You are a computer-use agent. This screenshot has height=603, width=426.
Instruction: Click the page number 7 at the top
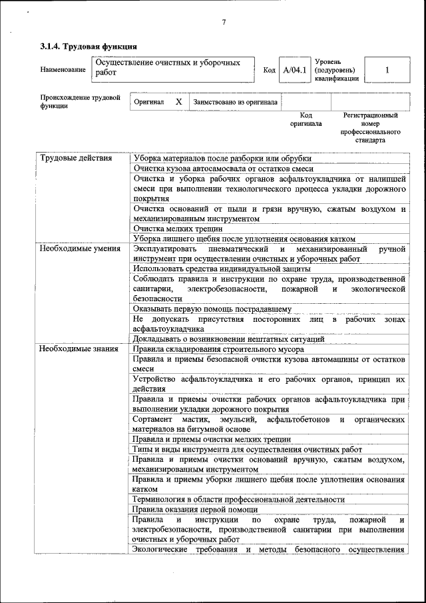point(224,23)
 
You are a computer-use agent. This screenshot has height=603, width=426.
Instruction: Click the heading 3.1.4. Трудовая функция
point(89,47)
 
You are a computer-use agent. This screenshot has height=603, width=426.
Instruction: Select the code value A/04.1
point(294,70)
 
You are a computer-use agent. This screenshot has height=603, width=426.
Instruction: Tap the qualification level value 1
point(387,70)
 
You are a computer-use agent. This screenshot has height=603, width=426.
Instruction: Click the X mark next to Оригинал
point(178,102)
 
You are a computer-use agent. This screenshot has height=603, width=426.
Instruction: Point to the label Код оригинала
point(306,119)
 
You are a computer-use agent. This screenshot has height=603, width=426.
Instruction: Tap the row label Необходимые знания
point(75,348)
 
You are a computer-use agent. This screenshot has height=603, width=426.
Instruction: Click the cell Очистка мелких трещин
point(178,229)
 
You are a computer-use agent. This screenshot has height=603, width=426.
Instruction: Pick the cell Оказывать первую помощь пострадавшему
point(212,308)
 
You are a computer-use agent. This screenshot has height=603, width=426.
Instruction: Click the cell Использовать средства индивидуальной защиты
point(222,269)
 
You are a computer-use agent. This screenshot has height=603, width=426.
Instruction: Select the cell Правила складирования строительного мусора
point(218,348)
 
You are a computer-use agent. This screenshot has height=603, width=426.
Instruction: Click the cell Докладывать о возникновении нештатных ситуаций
point(228,338)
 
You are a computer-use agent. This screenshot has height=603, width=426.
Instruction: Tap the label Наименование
point(63,70)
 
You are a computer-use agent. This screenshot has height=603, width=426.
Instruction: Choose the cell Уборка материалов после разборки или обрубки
point(222,158)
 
